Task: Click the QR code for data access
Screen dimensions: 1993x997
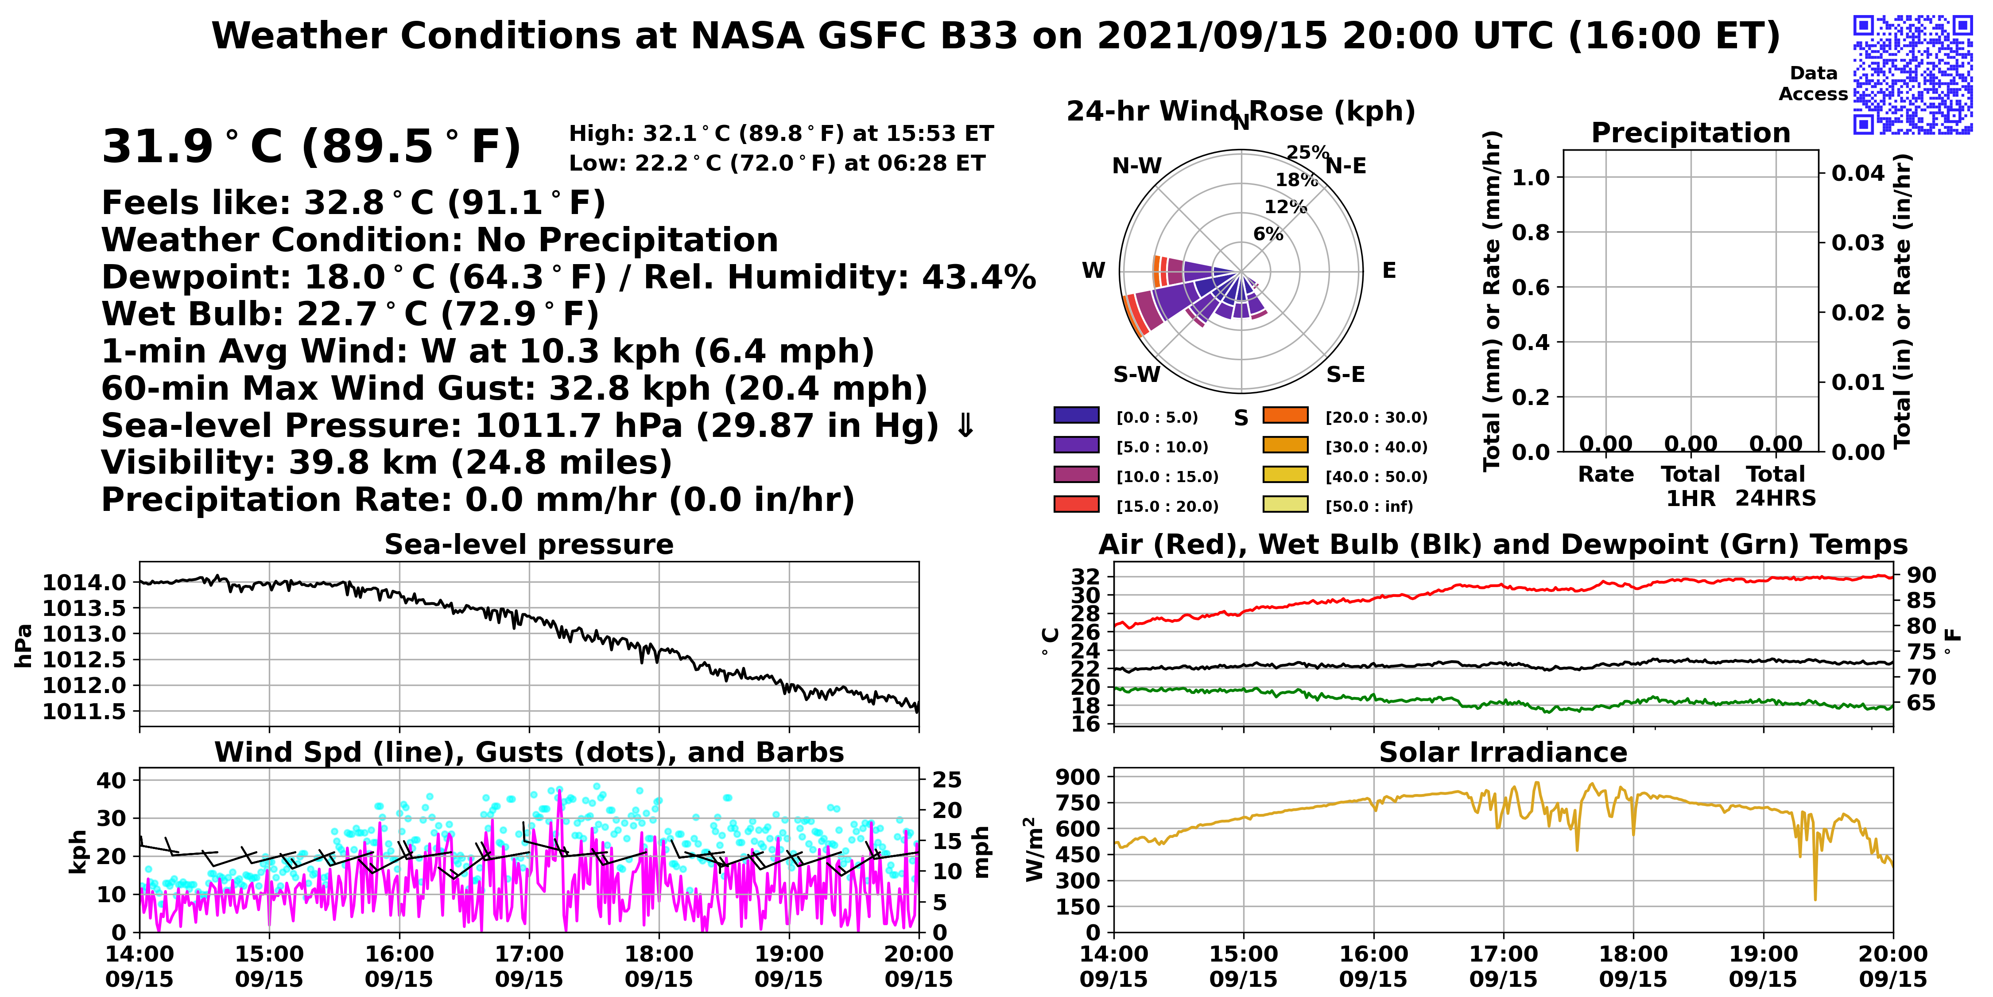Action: point(1912,74)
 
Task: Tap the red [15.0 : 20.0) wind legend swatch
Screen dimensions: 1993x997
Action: point(1076,504)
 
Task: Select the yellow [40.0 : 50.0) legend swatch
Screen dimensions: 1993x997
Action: point(1285,475)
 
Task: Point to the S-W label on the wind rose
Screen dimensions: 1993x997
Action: point(1136,374)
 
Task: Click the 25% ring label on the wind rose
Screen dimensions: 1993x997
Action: point(1307,152)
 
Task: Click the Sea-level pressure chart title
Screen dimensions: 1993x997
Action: point(529,544)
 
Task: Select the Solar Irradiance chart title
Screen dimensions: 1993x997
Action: point(1503,752)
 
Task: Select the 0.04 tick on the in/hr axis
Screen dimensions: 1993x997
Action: point(1857,173)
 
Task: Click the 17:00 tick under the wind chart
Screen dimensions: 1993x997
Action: point(529,954)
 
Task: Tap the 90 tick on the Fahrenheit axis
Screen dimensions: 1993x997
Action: point(1921,575)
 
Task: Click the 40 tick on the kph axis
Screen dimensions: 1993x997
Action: point(112,780)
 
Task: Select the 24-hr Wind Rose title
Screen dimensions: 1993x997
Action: point(1241,112)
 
